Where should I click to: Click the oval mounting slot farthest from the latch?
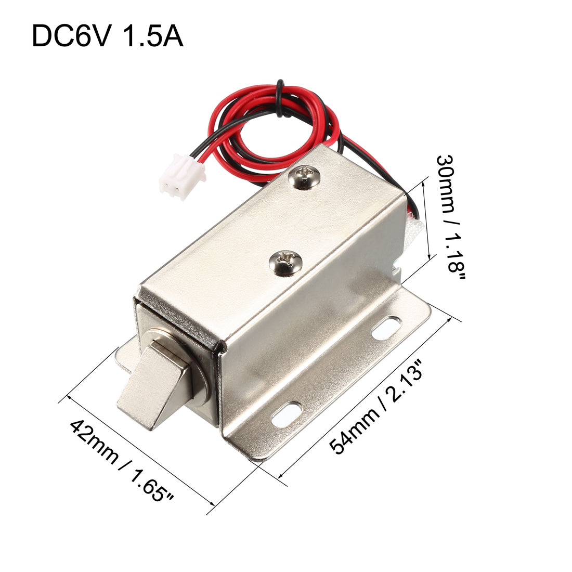[x=387, y=329]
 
